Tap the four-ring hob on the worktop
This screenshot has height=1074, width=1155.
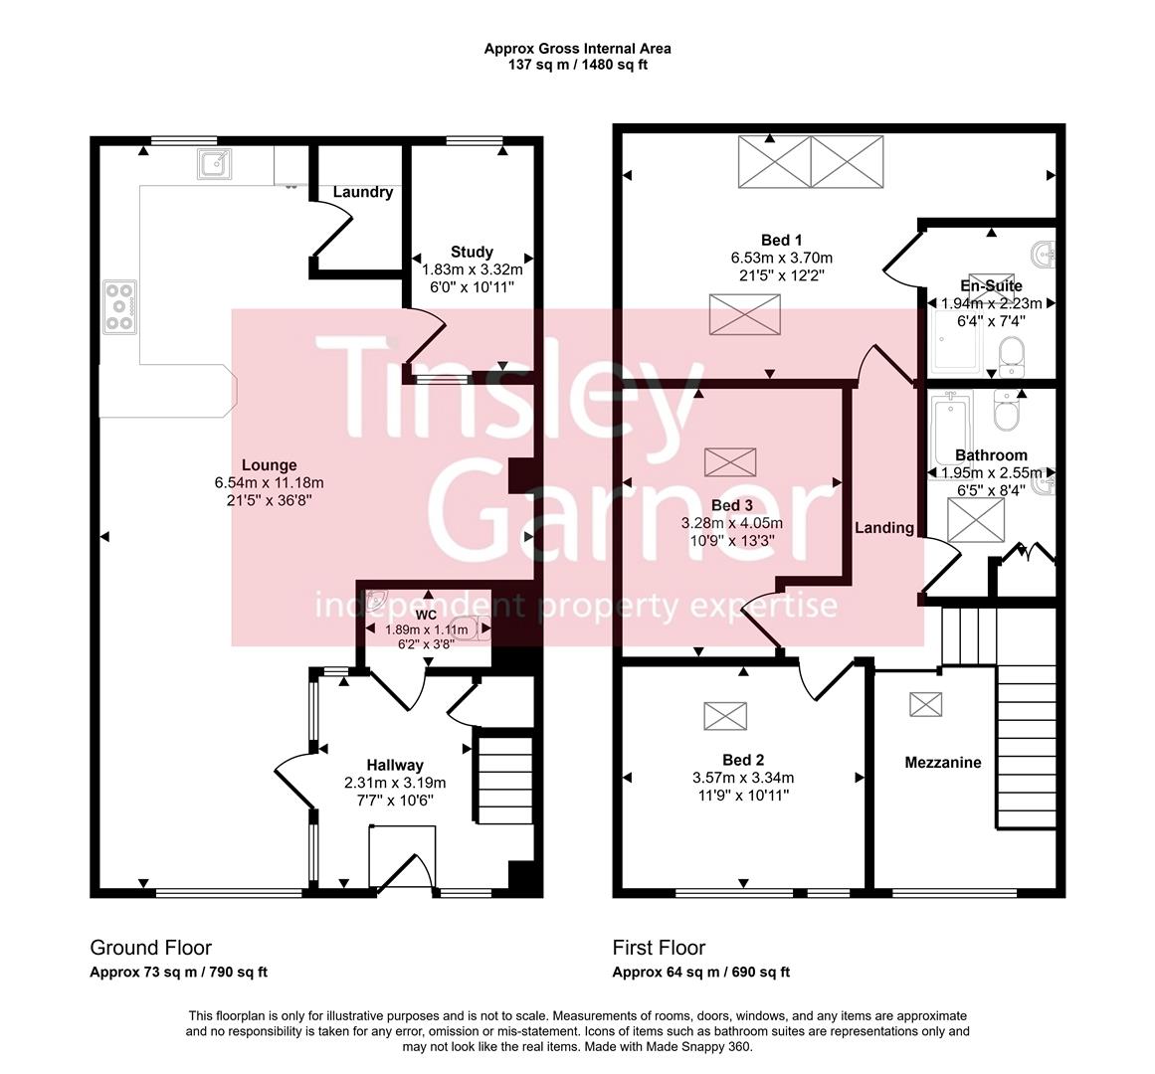(120, 307)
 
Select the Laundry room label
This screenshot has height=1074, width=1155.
(362, 192)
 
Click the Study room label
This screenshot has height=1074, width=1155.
(472, 252)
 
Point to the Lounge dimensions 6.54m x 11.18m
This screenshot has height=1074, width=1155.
(269, 483)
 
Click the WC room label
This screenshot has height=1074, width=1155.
(426, 615)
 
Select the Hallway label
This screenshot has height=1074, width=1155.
(395, 765)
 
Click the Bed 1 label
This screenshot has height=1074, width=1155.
(781, 240)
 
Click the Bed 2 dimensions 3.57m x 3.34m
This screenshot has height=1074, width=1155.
(743, 778)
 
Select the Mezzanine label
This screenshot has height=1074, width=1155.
(942, 763)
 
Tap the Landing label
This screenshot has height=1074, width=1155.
(884, 527)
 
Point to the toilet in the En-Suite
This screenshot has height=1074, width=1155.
(1009, 355)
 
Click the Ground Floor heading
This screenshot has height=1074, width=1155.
(150, 948)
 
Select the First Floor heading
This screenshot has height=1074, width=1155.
(659, 948)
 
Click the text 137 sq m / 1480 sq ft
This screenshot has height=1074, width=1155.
(577, 65)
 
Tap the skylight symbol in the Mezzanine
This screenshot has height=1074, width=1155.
(925, 703)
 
